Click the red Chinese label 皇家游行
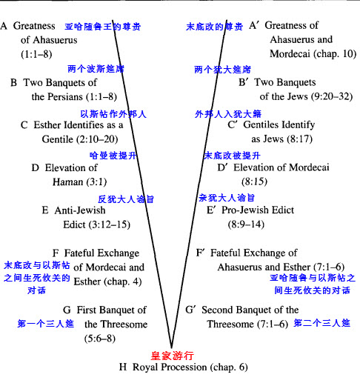(x=172, y=356)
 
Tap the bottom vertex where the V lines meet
(x=171, y=347)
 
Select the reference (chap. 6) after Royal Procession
(x=229, y=367)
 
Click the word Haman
(x=68, y=182)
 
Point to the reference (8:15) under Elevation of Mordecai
(x=254, y=181)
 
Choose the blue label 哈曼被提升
(x=113, y=156)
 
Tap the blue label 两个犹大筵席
(x=222, y=70)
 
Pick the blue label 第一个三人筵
(x=45, y=324)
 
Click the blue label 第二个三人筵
(x=322, y=323)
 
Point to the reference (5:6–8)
(x=100, y=339)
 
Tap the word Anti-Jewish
(x=80, y=210)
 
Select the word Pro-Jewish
(x=245, y=210)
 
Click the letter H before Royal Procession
(x=123, y=367)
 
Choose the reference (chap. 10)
(x=335, y=54)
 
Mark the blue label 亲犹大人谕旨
(x=227, y=198)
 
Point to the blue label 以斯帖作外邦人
(x=113, y=114)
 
